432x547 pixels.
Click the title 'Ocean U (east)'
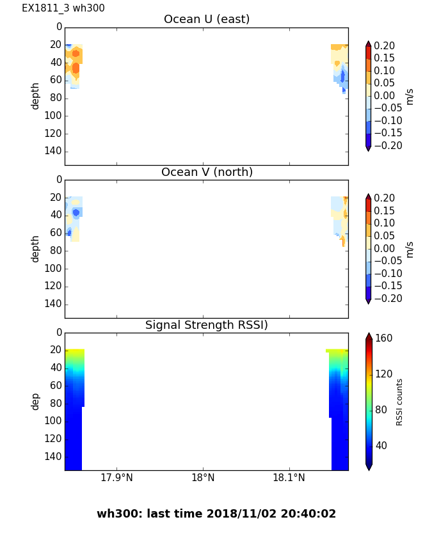pos(207,20)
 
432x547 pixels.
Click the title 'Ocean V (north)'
pos(207,173)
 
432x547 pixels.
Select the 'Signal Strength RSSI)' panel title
pos(207,326)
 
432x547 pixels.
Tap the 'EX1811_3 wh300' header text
pos(63,8)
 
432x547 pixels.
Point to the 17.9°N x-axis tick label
pos(116,478)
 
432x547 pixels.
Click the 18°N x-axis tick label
pos(203,478)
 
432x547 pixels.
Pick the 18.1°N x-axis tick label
pos(289,478)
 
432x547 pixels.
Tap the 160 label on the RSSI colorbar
pos(384,338)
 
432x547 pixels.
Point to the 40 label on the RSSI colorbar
pos(381,446)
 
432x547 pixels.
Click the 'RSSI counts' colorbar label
pos(400,402)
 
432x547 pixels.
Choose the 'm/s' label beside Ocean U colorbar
pos(410,96)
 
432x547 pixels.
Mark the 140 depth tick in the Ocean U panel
pos(54,151)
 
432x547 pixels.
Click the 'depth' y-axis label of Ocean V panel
pos(36,248)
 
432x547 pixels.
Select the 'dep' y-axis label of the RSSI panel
pos(36,401)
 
